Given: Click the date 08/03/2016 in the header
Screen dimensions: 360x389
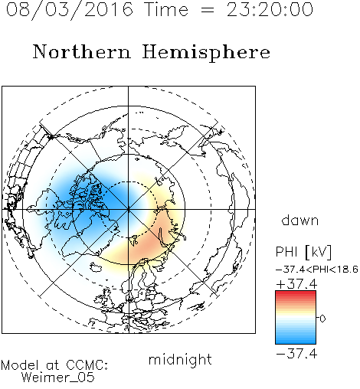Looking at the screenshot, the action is (x=70, y=10).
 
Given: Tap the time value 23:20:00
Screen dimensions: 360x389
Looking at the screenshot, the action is (x=270, y=9).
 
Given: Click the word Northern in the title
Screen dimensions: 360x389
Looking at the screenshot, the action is (x=82, y=52).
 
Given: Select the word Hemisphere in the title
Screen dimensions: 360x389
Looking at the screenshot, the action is (x=206, y=53).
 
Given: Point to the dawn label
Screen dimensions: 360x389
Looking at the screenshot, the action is (x=299, y=221).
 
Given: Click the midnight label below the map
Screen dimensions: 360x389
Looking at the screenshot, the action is (x=180, y=359).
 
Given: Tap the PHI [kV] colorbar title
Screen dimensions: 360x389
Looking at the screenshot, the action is (x=303, y=252).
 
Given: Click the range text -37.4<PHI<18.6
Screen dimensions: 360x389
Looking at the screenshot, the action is (x=317, y=270).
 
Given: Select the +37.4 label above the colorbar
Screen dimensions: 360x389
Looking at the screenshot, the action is (x=296, y=284).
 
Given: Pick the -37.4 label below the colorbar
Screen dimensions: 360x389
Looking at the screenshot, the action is (x=296, y=354).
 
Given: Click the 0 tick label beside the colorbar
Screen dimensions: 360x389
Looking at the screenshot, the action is (x=322, y=319).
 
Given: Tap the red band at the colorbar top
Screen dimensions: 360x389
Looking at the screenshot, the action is (x=296, y=293).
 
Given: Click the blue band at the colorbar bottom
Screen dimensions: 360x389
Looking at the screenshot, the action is (x=296, y=341).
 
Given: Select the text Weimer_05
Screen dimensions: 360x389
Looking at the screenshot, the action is (x=58, y=378).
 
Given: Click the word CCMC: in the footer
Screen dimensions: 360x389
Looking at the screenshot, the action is (x=87, y=365).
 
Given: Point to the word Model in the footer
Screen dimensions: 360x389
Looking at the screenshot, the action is (x=20, y=365).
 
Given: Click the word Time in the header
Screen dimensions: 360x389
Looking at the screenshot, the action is (x=166, y=9).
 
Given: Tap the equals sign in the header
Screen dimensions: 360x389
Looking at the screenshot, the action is (x=208, y=10).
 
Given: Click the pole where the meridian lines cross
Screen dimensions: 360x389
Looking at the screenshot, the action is (x=129, y=209).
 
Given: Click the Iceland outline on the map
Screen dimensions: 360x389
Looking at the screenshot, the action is (x=96, y=268).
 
